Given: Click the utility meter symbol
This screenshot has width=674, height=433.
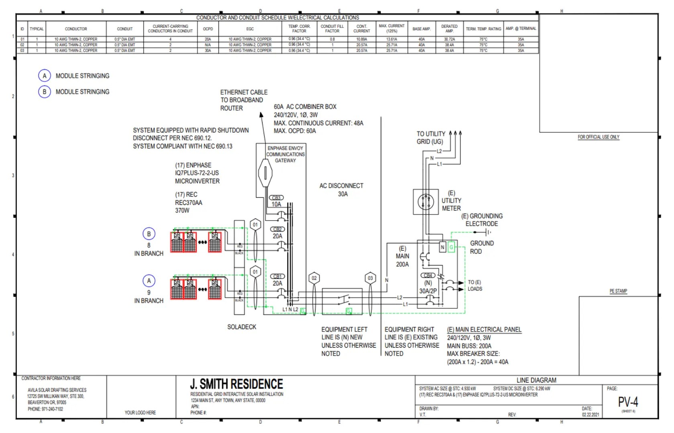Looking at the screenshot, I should tap(426, 202).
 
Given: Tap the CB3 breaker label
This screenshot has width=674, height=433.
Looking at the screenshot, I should tap(276, 198).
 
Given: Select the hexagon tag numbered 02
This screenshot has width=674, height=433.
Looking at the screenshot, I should tap(314, 278).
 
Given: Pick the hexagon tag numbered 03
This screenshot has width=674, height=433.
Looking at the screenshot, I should tap(370, 278).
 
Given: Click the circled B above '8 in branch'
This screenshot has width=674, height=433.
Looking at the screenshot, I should tap(149, 234).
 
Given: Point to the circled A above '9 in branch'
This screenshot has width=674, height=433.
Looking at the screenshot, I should tap(149, 281).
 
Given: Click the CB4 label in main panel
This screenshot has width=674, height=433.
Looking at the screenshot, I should tap(428, 275).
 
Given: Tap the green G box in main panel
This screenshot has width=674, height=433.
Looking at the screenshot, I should tap(451, 247).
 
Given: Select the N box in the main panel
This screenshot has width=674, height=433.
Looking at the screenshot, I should tap(442, 247).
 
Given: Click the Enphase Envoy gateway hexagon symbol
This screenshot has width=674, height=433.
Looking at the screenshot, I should tap(265, 173).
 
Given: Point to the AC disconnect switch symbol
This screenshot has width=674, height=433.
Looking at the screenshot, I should tap(343, 299).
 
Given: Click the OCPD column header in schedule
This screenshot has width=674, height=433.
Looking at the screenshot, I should tap(208, 29).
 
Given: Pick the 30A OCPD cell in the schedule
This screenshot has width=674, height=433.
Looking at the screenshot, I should tap(208, 51).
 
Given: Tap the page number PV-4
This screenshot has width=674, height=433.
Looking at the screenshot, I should tap(628, 402).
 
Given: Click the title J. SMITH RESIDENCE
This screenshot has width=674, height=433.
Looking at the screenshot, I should tap(236, 384).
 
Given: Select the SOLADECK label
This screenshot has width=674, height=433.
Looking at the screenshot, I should tap(242, 327).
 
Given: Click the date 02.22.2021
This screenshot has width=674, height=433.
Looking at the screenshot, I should tap(590, 415).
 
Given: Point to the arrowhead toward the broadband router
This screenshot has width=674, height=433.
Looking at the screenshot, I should tap(261, 115).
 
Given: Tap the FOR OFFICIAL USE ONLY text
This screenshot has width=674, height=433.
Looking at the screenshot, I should tap(599, 137).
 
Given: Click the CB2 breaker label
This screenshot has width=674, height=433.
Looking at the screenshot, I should tap(277, 229).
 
